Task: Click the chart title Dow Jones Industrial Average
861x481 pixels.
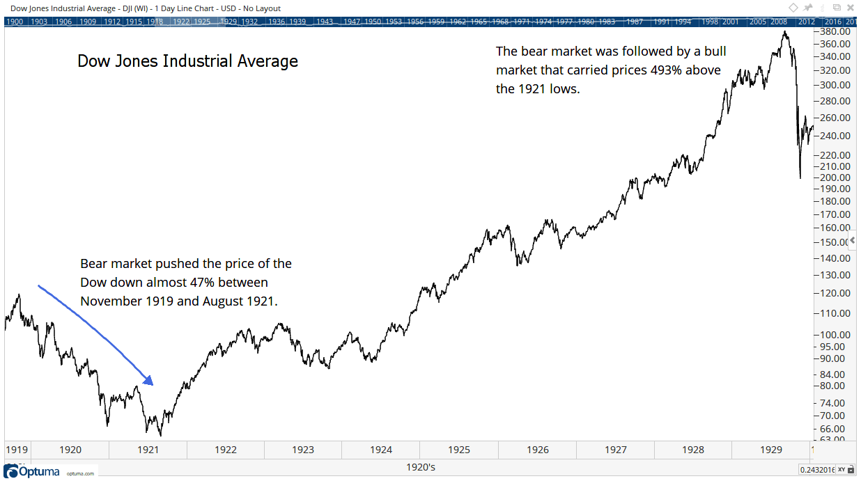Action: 187,61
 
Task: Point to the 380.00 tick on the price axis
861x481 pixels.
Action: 835,31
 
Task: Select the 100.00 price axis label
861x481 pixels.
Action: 835,334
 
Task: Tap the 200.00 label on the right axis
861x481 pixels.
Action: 835,178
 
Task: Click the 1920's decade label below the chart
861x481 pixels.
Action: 420,467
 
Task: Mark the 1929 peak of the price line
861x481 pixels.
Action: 786,31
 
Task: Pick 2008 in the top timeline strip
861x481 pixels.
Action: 779,22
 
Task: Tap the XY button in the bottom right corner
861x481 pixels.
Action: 842,470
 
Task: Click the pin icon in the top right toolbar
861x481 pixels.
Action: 807,8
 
